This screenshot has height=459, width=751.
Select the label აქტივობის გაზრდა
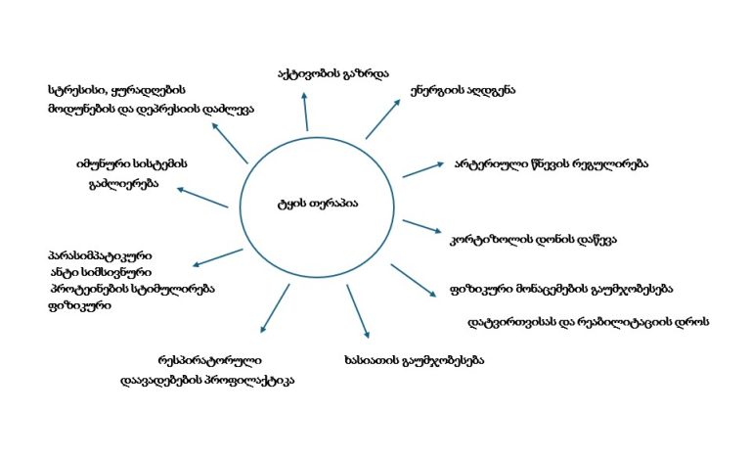tap(332, 73)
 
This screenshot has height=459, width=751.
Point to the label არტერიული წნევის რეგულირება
tap(551, 163)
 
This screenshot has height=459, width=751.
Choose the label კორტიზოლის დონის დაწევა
tap(532, 238)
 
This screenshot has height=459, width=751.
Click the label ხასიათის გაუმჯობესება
tap(415, 359)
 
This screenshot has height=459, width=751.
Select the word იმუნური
tap(101, 163)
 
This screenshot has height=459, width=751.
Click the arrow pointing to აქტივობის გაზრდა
tap(306, 113)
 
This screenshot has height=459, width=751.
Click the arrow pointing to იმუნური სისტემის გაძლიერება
tap(203, 196)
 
